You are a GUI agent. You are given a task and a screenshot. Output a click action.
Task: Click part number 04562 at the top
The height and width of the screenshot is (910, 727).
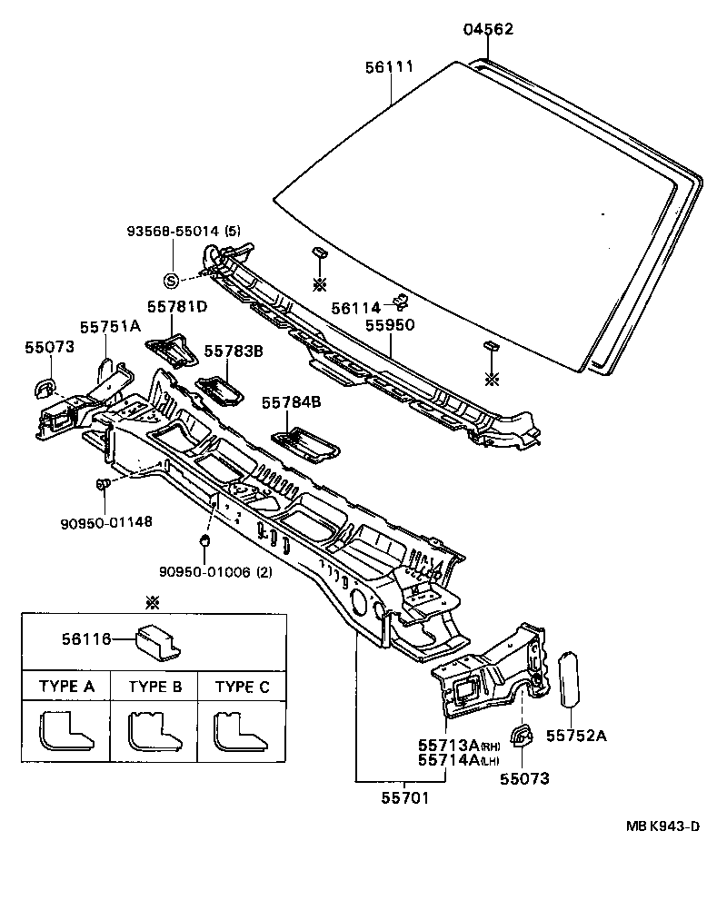coord(488,29)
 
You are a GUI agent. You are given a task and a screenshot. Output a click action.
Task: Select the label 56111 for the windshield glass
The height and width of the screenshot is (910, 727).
coord(390,67)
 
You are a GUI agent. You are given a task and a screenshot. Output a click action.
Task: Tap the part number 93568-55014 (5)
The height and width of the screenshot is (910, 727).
coord(183,231)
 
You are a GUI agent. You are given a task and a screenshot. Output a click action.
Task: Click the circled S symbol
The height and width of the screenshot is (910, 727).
coord(171,280)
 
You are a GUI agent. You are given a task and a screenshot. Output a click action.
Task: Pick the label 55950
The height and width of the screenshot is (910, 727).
coord(390,323)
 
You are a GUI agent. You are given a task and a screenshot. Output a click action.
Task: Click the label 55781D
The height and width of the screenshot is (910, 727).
coord(176,307)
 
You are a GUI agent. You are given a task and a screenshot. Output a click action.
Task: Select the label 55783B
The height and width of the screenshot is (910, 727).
coord(234,351)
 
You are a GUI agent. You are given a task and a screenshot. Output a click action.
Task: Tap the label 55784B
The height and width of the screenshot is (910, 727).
coord(292,401)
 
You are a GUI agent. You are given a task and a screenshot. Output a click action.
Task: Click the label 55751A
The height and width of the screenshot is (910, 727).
coord(109,326)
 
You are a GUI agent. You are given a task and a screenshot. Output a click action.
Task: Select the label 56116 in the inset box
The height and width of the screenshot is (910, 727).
coord(87,639)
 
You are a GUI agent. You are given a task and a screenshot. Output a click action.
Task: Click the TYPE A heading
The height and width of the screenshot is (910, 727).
coord(65,687)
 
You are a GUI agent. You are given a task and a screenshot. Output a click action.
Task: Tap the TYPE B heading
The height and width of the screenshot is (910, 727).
coord(154,687)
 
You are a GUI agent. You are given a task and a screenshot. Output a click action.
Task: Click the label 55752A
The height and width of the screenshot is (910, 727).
coord(575,736)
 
